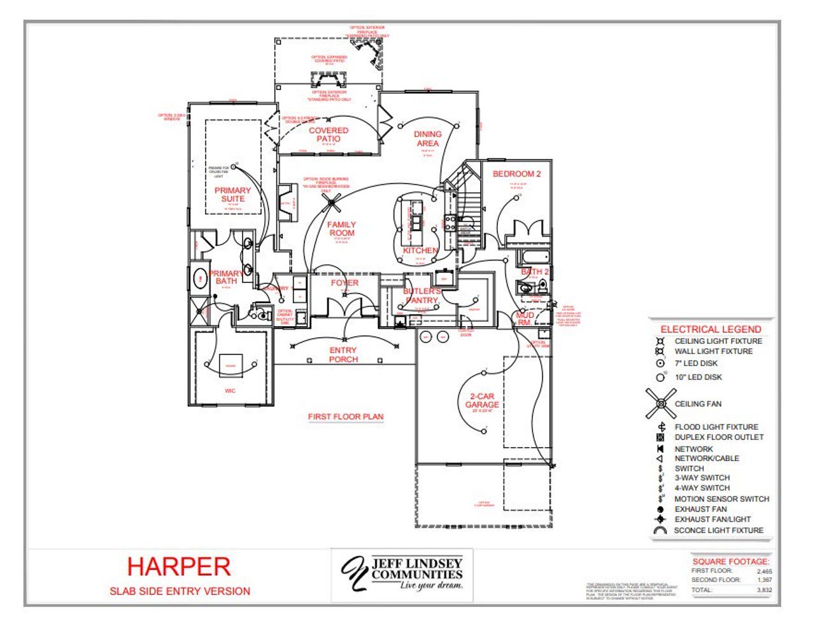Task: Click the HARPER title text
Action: coord(179,566)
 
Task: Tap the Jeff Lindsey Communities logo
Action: coord(402,574)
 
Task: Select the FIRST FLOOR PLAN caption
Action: coord(346,417)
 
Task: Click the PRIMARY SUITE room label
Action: coord(232,194)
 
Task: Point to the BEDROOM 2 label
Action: coord(516,174)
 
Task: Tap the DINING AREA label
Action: coord(427,139)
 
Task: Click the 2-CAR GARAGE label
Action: coord(482,401)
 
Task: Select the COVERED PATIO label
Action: coord(329,134)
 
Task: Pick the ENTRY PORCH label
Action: coord(343,355)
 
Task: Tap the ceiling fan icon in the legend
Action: coord(661,404)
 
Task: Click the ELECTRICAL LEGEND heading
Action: coord(711,329)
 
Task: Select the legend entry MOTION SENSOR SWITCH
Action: coord(721,499)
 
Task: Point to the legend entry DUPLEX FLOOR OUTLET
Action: coord(719,437)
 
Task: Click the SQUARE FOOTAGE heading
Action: coord(730,561)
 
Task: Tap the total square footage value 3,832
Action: coord(764,590)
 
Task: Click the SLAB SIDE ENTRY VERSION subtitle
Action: coord(180,591)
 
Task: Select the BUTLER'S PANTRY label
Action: coord(422,296)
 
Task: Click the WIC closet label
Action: coord(230,390)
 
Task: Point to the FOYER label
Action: coord(344,283)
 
